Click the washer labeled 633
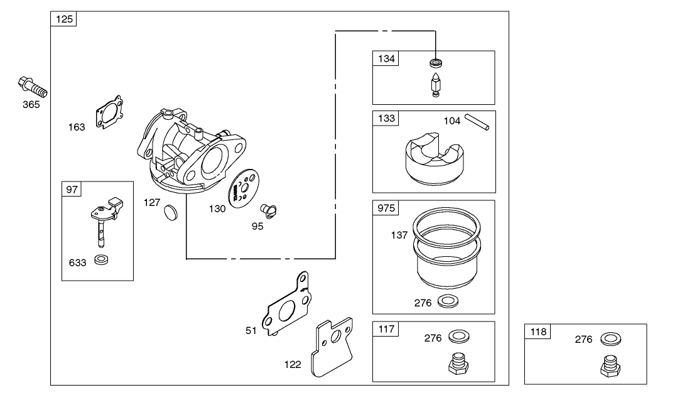(100, 259)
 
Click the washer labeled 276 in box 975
(446, 301)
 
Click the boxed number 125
(63, 19)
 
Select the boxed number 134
(386, 58)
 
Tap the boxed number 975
(386, 208)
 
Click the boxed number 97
(72, 189)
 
